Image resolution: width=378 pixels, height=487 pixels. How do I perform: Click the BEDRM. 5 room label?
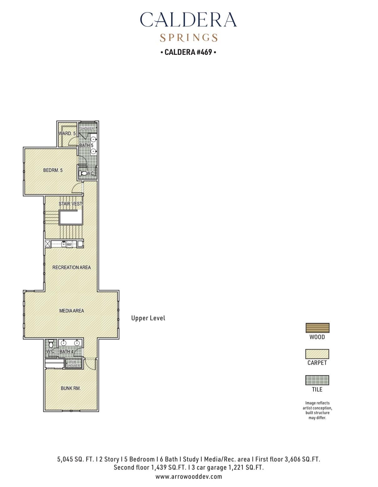[x=53, y=170]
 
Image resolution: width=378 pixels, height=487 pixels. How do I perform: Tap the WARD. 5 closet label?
[x=67, y=134]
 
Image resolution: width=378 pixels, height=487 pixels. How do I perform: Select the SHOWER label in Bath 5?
[x=87, y=128]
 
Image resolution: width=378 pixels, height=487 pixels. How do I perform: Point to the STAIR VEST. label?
[x=71, y=204]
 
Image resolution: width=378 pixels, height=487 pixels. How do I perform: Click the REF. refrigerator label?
[x=69, y=244]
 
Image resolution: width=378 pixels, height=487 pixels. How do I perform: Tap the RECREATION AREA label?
[x=71, y=267]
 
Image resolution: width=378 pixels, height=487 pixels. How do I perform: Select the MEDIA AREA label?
[x=71, y=311]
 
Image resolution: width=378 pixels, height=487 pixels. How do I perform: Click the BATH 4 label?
[x=66, y=352]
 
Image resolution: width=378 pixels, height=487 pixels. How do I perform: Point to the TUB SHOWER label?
[x=73, y=364]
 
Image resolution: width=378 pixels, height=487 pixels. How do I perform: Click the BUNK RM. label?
[x=71, y=388]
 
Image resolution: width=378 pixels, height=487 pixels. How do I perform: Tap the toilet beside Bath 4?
[x=51, y=344]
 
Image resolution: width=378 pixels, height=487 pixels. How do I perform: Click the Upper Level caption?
[x=148, y=318]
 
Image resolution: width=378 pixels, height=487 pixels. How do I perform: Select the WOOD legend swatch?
[x=317, y=328]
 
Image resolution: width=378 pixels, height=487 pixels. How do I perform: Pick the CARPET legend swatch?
[x=317, y=354]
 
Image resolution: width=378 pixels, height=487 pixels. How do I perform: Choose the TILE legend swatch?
[x=317, y=380]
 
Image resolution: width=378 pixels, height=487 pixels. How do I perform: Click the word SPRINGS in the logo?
[x=189, y=38]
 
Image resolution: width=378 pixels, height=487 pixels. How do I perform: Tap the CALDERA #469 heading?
[x=188, y=52]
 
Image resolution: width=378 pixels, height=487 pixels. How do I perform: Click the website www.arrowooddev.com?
[x=189, y=477]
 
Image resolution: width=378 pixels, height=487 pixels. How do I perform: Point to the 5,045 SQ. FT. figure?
[x=76, y=459]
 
